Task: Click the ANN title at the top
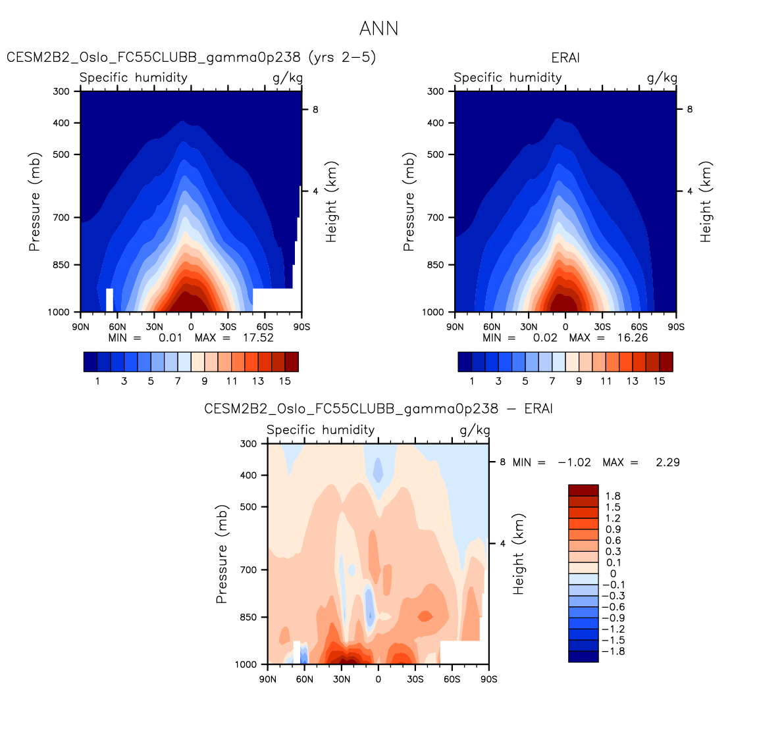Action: tap(378, 29)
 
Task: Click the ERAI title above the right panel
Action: tap(565, 58)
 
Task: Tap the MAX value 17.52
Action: tap(258, 338)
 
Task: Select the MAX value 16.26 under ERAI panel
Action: tap(632, 338)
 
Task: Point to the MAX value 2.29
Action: tap(667, 462)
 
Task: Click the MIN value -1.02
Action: tap(574, 462)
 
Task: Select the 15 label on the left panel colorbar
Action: tap(285, 381)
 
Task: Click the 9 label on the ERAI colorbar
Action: tap(579, 381)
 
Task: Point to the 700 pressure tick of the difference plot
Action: tap(248, 570)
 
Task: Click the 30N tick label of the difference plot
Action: tap(341, 679)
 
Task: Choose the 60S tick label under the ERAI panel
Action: tap(639, 327)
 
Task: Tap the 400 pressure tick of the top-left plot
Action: tap(61, 123)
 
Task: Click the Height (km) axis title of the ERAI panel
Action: tap(706, 202)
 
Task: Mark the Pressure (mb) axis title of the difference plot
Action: tap(221, 554)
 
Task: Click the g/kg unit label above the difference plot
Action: tap(475, 430)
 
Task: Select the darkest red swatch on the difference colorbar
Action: tap(583, 491)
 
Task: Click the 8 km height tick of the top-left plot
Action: tap(315, 110)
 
